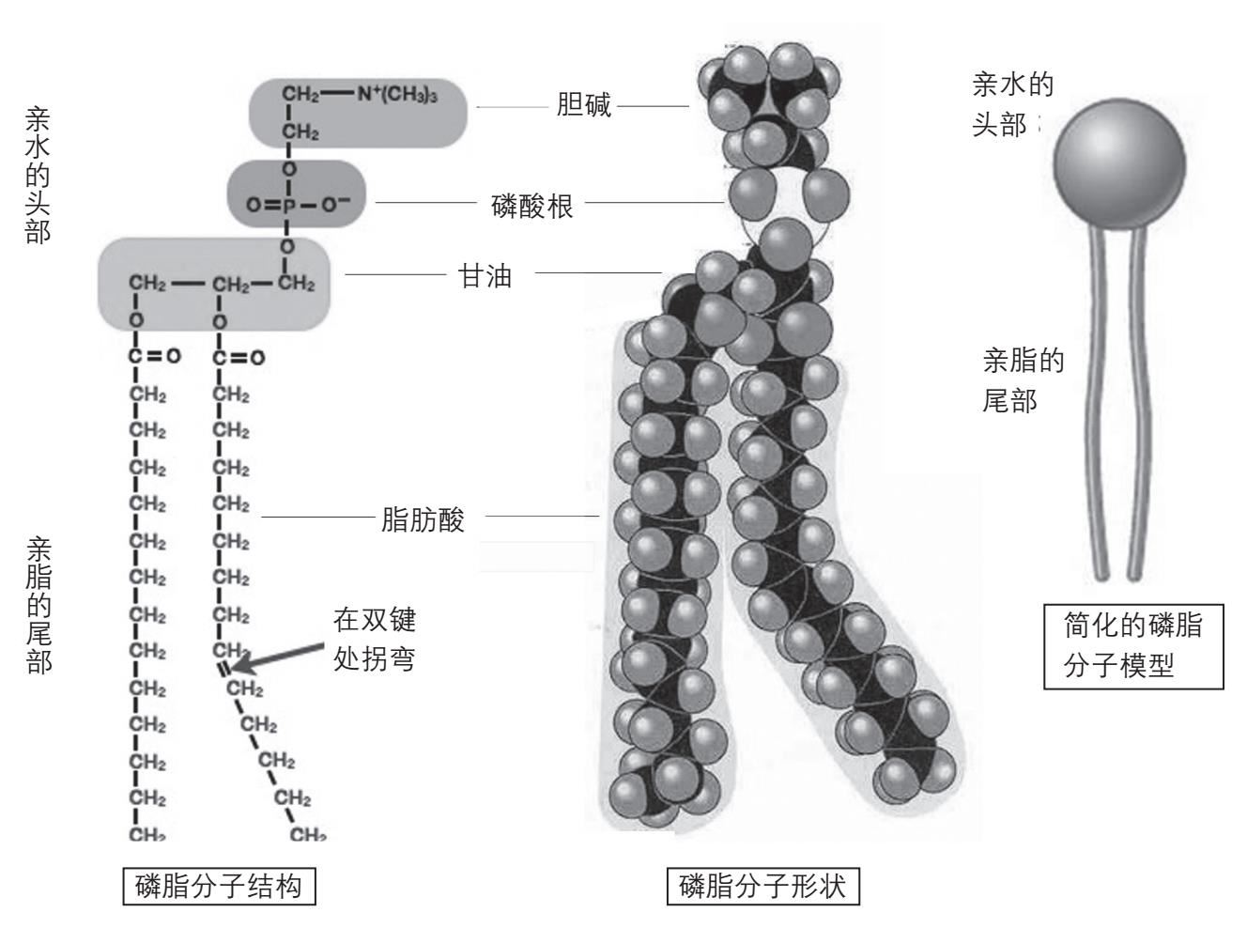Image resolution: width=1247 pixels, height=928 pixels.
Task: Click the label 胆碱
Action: tap(583, 105)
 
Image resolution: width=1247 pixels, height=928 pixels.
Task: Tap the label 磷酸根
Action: tap(532, 205)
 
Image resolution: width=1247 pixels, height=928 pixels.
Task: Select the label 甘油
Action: tap(485, 276)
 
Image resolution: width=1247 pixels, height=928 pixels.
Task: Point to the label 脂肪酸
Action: tap(423, 519)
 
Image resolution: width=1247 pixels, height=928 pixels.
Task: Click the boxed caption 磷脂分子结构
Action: tap(219, 886)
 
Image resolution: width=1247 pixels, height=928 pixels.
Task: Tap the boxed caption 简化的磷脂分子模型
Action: tap(1133, 646)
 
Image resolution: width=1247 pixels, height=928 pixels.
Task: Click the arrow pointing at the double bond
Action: tap(272, 656)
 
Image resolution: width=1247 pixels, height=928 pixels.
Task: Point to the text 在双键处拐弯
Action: tap(375, 639)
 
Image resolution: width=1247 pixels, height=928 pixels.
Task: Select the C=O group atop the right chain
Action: tap(237, 357)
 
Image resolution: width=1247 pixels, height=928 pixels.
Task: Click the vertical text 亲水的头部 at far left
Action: tap(38, 175)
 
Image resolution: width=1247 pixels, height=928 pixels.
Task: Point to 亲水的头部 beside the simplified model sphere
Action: tap(1010, 105)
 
